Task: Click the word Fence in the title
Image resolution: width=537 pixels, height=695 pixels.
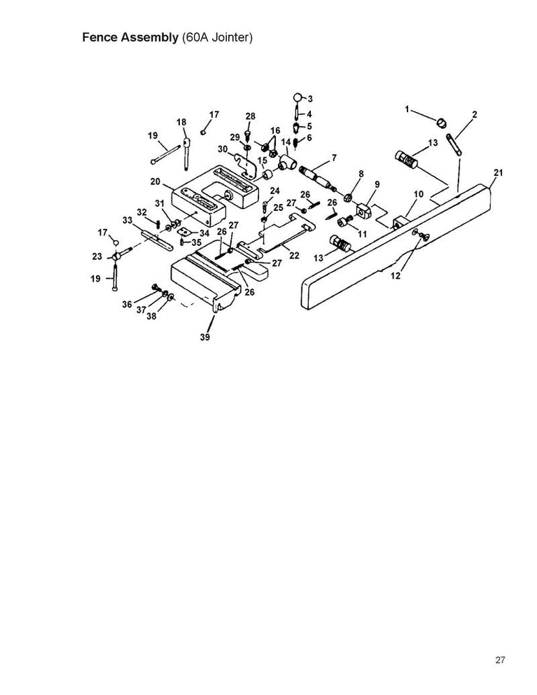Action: (x=102, y=37)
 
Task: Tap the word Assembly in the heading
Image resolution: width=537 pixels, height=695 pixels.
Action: (x=150, y=37)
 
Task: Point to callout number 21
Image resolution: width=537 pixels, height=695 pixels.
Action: (x=498, y=172)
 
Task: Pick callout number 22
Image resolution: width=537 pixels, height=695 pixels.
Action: (x=294, y=255)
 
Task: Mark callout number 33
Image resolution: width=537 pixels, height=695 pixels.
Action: (x=127, y=220)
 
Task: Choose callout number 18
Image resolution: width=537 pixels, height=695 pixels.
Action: (x=181, y=122)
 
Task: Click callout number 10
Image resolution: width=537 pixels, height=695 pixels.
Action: (x=419, y=193)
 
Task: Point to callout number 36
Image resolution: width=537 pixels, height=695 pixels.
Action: (x=127, y=303)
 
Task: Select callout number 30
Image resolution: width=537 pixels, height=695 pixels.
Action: (x=222, y=149)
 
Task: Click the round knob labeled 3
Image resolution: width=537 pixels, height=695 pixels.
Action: (x=298, y=97)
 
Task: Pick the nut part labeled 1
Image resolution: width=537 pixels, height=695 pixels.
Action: (x=442, y=122)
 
